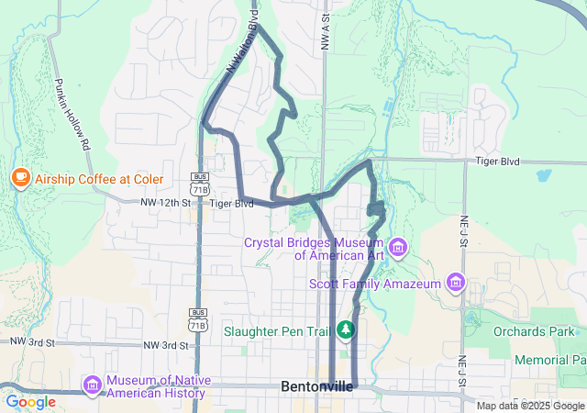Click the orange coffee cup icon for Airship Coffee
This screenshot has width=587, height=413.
click(20, 177)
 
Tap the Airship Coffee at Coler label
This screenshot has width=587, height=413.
click(99, 178)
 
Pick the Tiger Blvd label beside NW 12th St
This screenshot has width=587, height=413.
click(231, 204)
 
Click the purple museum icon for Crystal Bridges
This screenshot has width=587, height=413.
click(398, 248)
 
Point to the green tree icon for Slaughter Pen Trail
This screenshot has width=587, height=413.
click(346, 329)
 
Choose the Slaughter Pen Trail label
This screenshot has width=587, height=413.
click(279, 329)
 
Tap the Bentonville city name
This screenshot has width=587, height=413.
click(316, 387)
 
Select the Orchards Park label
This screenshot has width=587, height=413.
click(532, 331)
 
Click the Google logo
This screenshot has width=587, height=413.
click(30, 402)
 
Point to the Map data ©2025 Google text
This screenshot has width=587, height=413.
click(530, 406)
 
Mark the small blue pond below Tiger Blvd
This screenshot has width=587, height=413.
click(543, 174)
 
